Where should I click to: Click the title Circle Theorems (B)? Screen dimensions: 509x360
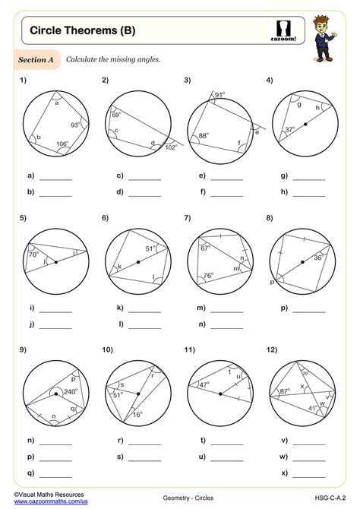pos(72,30)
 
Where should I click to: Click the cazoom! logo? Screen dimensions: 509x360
pos(283,30)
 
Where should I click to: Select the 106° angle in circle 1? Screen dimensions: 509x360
pos(62,142)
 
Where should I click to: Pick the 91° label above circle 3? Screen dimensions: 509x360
pos(219,95)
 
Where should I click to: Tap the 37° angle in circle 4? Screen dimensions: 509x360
pos(289,129)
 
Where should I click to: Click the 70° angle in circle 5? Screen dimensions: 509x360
pos(33,256)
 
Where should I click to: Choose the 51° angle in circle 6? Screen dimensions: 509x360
pos(150,248)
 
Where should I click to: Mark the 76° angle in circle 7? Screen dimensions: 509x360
pos(207,276)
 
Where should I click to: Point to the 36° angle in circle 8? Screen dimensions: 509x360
pos(319,258)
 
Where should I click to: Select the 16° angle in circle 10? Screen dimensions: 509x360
pos(136,415)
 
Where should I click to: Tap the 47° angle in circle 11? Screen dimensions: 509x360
pos(204,385)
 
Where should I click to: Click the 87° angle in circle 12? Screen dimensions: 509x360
pos(284,391)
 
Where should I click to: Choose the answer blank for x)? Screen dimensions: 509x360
pos(308,474)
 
